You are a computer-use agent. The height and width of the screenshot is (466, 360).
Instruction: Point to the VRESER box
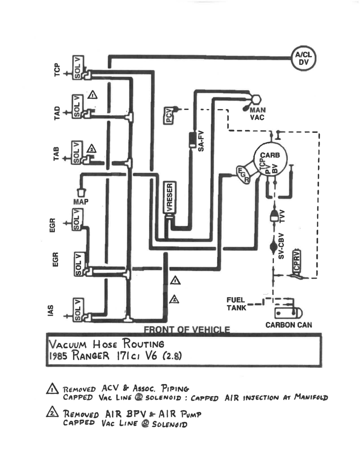pyautogui.click(x=170, y=198)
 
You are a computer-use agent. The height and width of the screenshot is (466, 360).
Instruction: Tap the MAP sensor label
pyautogui.click(x=81, y=202)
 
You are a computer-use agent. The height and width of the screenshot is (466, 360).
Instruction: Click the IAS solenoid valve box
pyautogui.click(x=78, y=308)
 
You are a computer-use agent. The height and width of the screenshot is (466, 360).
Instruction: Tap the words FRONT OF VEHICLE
pyautogui.click(x=187, y=330)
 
